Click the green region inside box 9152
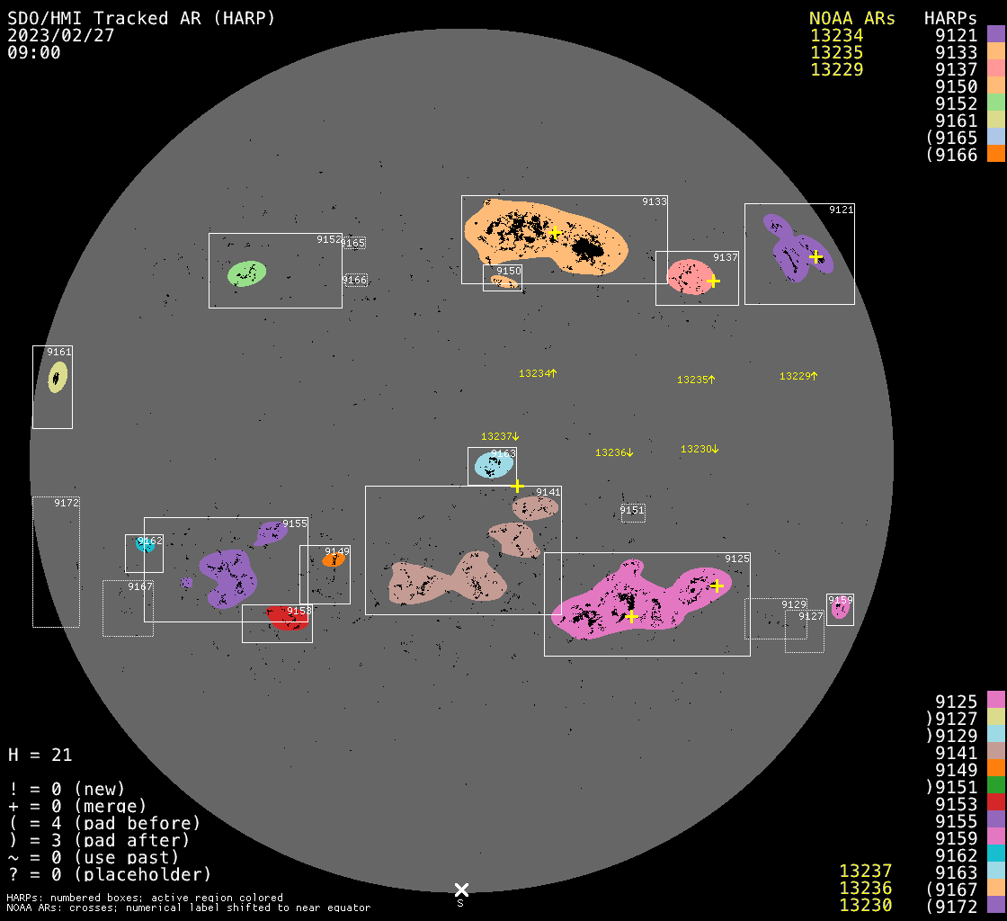(x=246, y=273)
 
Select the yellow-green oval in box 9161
(x=58, y=377)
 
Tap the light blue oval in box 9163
(x=492, y=465)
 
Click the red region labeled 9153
(x=288, y=618)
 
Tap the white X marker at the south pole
(x=460, y=890)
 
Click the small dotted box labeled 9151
(x=633, y=513)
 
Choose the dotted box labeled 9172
(x=56, y=562)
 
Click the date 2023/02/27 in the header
(x=61, y=35)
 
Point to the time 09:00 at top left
(x=34, y=52)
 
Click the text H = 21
(x=40, y=755)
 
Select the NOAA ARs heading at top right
(x=851, y=18)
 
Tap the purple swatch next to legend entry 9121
(x=995, y=35)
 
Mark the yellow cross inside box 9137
(x=714, y=281)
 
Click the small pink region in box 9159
(x=840, y=608)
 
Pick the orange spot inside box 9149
(x=333, y=559)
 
